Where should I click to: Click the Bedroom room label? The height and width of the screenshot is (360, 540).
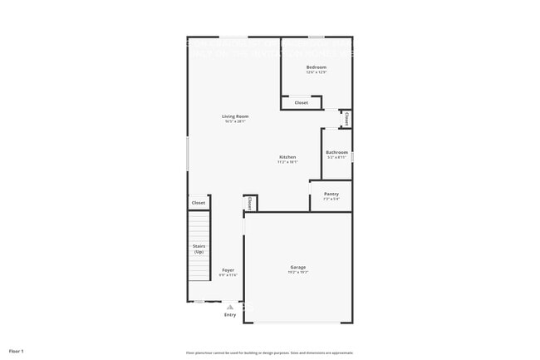(x=316, y=67)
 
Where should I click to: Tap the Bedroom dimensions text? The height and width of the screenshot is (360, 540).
(x=316, y=72)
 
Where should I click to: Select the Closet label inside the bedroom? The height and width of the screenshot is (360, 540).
(x=301, y=103)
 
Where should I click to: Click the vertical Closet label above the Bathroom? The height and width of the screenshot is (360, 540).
(x=346, y=120)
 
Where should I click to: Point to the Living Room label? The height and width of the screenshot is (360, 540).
(x=235, y=116)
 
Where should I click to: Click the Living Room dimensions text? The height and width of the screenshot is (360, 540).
(x=235, y=121)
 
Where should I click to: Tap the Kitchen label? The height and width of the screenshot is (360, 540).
(x=287, y=157)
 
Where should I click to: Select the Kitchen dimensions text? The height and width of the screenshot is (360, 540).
(x=287, y=162)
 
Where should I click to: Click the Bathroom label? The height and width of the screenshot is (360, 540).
(x=336, y=152)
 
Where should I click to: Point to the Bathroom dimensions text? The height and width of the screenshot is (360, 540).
(x=336, y=157)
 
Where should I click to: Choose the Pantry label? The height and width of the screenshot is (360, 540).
(x=331, y=194)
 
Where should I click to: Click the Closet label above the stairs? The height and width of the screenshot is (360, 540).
(x=199, y=203)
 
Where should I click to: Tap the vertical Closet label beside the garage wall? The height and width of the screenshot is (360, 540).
(x=249, y=203)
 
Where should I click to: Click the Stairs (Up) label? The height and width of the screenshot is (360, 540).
(x=199, y=249)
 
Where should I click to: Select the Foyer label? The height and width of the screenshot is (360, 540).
(x=228, y=270)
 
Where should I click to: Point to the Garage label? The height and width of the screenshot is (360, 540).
(x=297, y=267)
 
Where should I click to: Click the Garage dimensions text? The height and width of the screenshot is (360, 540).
(x=297, y=272)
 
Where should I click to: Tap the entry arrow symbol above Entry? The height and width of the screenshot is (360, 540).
(x=230, y=306)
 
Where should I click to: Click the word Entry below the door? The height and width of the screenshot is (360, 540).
(x=230, y=314)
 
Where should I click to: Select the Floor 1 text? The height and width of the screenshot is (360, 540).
(x=17, y=351)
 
